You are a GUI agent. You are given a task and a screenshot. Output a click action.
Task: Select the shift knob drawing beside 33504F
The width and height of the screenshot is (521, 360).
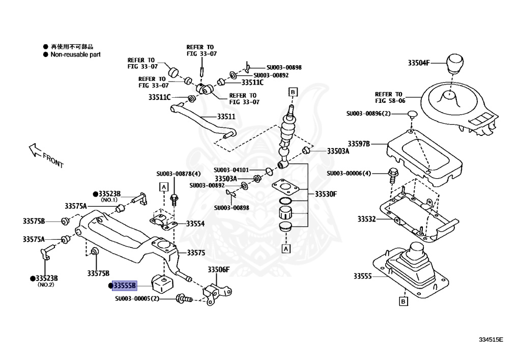click(x=457, y=64)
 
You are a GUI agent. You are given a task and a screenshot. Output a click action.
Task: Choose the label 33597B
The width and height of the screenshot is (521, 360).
click(x=359, y=144)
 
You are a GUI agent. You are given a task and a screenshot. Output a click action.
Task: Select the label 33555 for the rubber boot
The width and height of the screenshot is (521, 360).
click(x=364, y=276)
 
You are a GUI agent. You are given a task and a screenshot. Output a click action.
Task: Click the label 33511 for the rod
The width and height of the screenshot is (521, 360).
click(x=226, y=117)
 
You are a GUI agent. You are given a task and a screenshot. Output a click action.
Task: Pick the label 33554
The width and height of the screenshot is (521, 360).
click(x=195, y=224)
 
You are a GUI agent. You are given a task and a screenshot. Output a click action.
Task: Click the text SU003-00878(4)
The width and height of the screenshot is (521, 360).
click(x=179, y=174)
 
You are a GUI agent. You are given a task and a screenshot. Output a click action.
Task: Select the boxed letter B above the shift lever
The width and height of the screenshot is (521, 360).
click(x=293, y=92)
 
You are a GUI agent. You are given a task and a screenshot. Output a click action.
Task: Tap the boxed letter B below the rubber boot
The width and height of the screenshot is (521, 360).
click(x=402, y=302)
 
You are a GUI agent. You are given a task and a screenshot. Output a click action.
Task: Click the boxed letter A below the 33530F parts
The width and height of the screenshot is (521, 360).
click(x=286, y=249)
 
